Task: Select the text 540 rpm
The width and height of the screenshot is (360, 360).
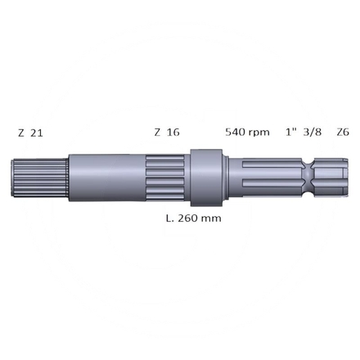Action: [x=247, y=132]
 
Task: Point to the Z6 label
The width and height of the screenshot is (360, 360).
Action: [x=342, y=132]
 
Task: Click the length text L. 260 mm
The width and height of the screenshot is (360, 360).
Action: [x=193, y=218]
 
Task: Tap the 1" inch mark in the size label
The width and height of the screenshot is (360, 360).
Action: [x=290, y=132]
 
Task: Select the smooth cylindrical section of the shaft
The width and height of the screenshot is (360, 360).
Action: [x=106, y=178]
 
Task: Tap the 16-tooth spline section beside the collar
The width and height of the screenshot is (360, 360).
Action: [x=168, y=178]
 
